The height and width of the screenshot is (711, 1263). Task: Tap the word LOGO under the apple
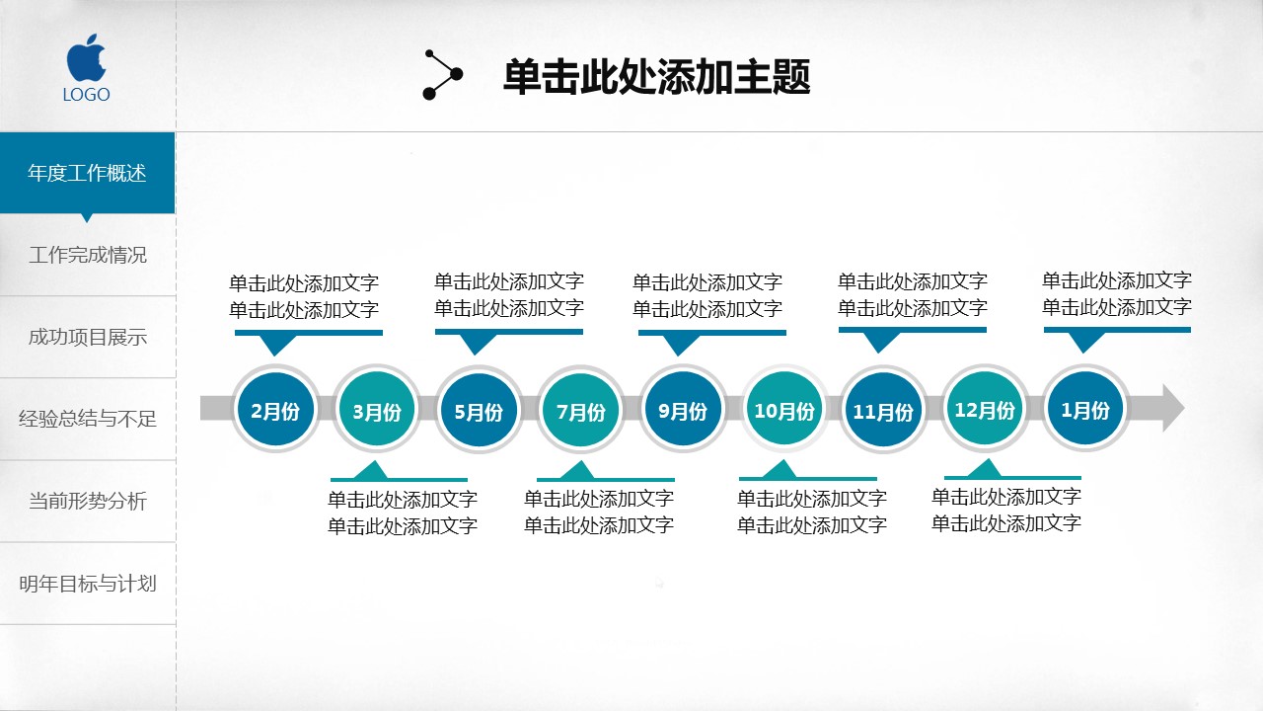pos(87,95)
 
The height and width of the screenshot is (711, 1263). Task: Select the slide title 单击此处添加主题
pos(656,77)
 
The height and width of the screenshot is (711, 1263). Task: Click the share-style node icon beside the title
pos(442,74)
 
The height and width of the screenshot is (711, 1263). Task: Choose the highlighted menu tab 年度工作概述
pos(87,173)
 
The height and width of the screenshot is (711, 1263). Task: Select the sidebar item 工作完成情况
pos(87,255)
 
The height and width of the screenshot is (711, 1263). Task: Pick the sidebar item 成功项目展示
pos(87,337)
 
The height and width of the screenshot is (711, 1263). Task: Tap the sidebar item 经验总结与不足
pos(87,419)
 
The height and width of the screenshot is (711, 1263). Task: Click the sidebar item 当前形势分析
pos(87,501)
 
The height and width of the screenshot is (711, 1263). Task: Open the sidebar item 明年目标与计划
pos(87,584)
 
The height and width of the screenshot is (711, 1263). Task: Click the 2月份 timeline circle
pos(275,409)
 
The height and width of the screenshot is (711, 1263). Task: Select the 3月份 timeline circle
pos(377,410)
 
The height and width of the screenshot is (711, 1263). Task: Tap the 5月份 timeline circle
pos(479,410)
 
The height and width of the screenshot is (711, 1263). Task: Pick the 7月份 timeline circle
pos(581,410)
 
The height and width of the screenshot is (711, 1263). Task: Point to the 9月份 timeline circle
pos(683,409)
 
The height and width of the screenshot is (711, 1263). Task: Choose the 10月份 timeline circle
pos(784,409)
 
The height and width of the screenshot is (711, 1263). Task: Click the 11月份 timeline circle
pos(883,410)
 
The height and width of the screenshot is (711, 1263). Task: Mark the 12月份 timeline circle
pos(985,408)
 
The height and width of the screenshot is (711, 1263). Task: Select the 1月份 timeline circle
pos(1085,408)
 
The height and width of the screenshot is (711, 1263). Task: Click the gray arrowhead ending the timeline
pos(1171,408)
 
